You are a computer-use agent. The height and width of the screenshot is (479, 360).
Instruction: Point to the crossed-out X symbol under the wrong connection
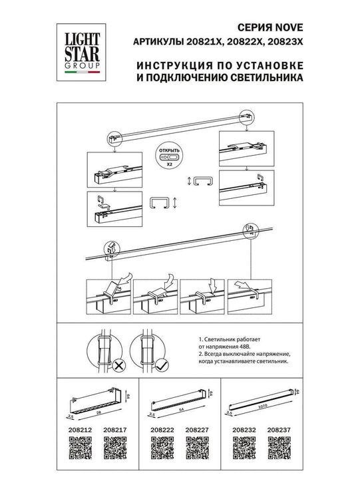(x=118, y=365)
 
